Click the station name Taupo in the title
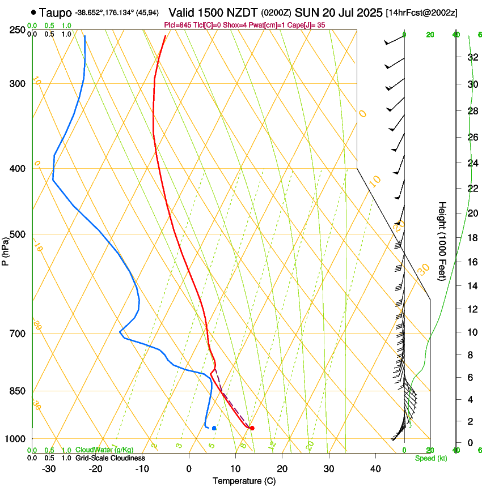tap(56, 12)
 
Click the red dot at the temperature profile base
tap(252, 428)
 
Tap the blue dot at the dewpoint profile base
tap(214, 428)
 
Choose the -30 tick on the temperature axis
tap(48, 469)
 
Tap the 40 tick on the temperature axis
tap(375, 469)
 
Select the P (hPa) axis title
tap(6, 249)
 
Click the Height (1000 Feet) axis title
tap(442, 241)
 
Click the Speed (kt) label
tap(430, 458)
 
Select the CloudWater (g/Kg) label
tap(104, 450)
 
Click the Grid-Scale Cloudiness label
tap(110, 458)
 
